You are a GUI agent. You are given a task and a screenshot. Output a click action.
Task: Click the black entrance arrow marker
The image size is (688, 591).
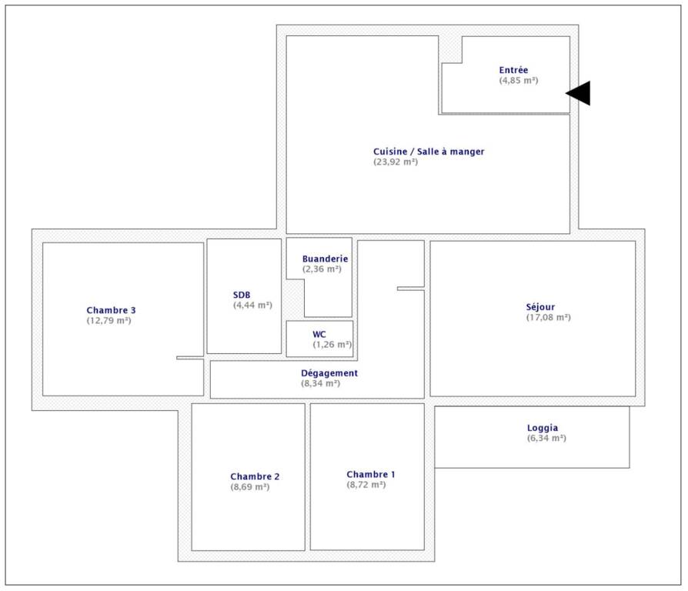click(x=580, y=93)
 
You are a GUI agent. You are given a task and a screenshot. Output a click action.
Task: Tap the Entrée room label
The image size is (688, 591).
click(x=513, y=70)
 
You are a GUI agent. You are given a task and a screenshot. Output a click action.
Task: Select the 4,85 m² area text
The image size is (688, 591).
click(x=518, y=80)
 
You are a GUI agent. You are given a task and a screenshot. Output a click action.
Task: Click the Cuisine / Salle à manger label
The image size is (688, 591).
click(x=429, y=152)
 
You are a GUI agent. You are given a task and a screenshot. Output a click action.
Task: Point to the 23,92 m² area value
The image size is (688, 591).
click(x=396, y=162)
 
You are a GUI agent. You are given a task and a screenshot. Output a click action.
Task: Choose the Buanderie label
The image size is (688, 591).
click(x=325, y=259)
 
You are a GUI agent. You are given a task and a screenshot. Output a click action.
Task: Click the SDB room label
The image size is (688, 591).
click(x=242, y=295)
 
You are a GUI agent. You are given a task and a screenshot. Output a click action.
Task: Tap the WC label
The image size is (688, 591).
click(x=319, y=334)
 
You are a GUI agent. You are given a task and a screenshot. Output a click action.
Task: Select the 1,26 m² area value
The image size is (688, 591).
click(x=332, y=345)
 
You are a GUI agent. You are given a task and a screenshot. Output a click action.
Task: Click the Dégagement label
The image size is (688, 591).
click(x=329, y=373)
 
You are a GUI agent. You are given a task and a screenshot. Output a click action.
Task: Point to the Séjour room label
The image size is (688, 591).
click(x=540, y=307)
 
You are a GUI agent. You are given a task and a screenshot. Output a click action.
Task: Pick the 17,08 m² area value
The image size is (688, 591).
click(x=549, y=317)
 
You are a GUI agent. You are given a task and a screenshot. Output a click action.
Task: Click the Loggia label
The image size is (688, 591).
click(x=543, y=428)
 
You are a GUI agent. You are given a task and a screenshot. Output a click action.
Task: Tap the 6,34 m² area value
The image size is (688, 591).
click(x=546, y=438)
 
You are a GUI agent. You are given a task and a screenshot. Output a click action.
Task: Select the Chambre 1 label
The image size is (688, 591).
click(x=371, y=474)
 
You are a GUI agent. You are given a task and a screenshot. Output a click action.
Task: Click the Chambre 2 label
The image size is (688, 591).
click(x=255, y=476)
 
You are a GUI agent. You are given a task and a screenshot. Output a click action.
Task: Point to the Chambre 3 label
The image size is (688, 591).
click(x=111, y=310)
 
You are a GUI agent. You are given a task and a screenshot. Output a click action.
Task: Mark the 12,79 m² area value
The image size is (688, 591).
click(x=109, y=320)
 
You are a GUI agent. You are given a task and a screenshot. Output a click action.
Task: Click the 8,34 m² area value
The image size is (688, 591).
click(x=320, y=383)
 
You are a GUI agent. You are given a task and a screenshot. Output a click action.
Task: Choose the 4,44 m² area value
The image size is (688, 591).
click(x=252, y=305)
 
